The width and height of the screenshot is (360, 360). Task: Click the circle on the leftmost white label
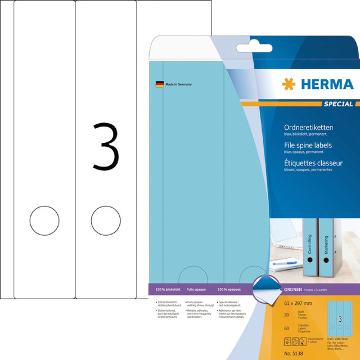coord(40,220)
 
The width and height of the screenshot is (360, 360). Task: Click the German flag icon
coord(159,84)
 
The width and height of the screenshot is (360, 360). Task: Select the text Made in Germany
coord(179,84)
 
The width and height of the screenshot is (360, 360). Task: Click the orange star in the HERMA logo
coord(288,85)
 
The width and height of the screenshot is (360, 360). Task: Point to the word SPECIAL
coord(338,104)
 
